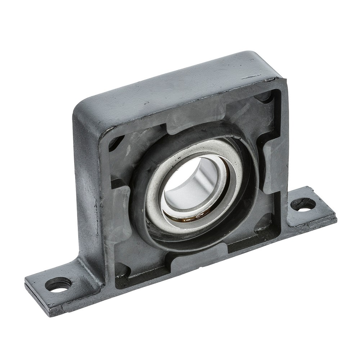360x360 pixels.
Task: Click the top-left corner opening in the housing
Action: [x=116, y=142]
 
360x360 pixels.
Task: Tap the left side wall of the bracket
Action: [x=86, y=194]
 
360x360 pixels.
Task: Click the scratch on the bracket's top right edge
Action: [x=252, y=77]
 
